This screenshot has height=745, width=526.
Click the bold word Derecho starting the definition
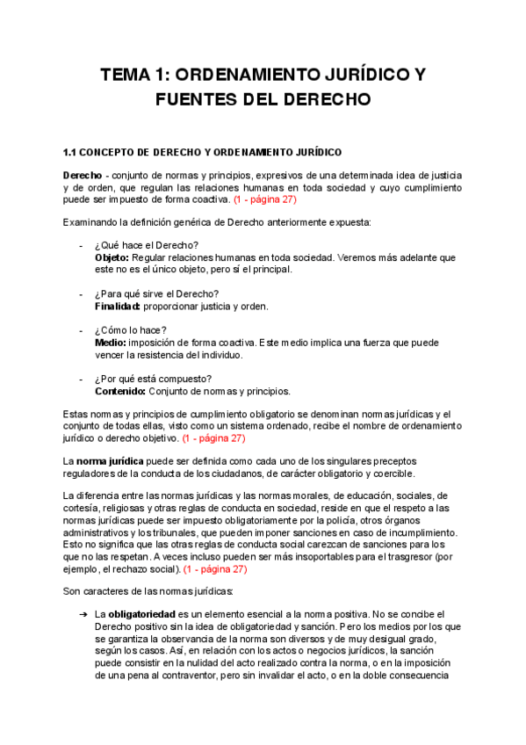point(83,174)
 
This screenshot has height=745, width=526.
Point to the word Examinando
point(92,221)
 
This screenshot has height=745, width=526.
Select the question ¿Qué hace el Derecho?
point(147,244)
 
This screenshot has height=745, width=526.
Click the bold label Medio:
point(111,342)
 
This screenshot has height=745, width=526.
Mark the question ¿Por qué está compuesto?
point(153,379)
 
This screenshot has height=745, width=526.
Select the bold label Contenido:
point(120,391)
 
